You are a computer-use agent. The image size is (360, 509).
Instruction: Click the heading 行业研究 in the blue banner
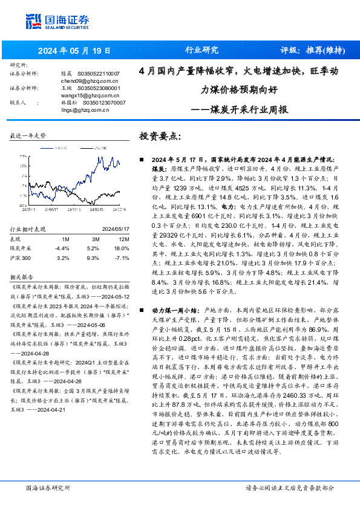pos(201,50)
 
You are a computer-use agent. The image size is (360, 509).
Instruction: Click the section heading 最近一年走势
pos(28,137)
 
